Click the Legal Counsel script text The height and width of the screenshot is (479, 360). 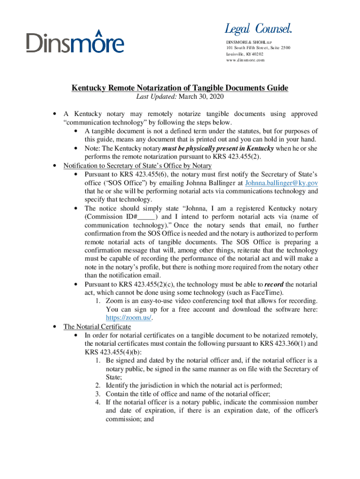258,29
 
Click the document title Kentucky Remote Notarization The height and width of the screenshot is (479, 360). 180,88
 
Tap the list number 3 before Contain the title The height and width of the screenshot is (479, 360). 98,394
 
